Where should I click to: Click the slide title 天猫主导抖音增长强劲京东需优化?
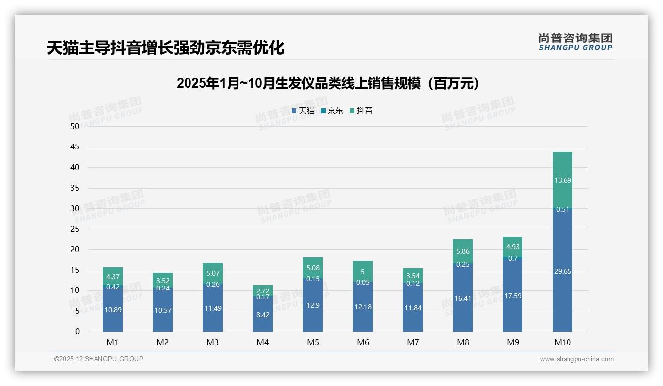[165, 48]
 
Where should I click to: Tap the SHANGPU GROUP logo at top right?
[575, 42]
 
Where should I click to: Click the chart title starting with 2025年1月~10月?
[328, 83]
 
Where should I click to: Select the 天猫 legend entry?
[303, 111]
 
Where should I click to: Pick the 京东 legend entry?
[332, 111]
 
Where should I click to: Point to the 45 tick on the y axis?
[75, 147]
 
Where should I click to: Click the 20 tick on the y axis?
[75, 249]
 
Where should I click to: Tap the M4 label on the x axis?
[263, 342]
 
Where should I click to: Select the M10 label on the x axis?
[563, 342]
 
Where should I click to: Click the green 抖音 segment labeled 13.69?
[563, 180]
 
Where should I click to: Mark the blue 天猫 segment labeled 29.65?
[563, 271]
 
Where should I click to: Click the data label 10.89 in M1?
[113, 310]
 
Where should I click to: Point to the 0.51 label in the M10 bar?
[563, 209]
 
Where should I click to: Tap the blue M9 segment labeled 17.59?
[513, 296]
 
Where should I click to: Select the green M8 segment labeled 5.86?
[463, 251]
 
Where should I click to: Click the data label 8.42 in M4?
[263, 315]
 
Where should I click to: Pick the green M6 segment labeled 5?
[363, 272]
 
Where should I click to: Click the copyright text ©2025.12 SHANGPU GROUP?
[99, 359]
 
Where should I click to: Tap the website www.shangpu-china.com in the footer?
[576, 359]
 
